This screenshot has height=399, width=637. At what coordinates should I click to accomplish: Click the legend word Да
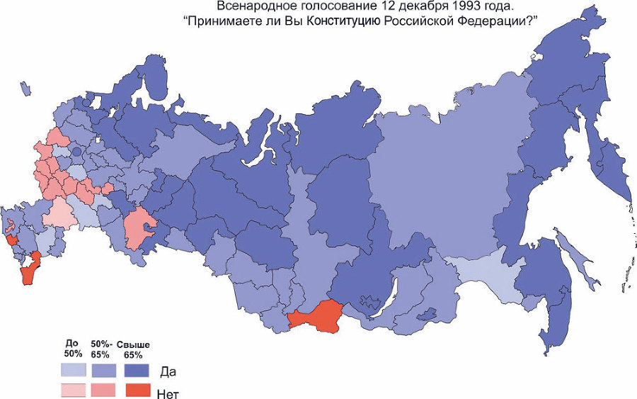(168, 371)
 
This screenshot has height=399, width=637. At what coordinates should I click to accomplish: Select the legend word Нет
(170, 391)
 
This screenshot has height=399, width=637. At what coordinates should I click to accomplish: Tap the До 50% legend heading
(73, 348)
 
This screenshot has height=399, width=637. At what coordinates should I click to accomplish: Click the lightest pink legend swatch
(73, 390)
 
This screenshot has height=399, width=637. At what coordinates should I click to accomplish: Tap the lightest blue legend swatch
(73, 370)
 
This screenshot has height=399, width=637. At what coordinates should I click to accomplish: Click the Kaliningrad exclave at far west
(25, 88)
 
